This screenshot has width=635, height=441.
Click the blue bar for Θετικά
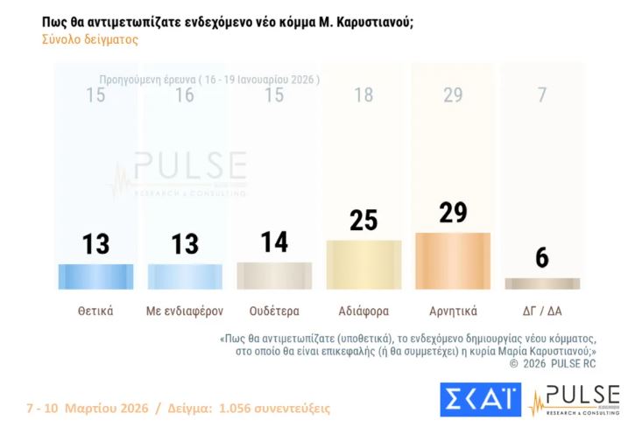(x=95, y=276)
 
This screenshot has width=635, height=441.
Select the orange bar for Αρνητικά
(x=453, y=261)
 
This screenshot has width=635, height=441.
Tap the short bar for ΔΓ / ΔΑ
(x=542, y=283)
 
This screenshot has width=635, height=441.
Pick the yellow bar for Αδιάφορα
(x=363, y=264)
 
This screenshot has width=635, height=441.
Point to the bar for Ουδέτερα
(x=274, y=276)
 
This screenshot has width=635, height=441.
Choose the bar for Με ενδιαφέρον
(x=185, y=276)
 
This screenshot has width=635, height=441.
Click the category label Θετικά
(x=95, y=310)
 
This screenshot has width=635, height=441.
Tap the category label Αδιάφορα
(x=363, y=310)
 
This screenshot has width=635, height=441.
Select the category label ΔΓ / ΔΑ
(x=542, y=310)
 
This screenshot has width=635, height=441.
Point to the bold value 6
(x=542, y=258)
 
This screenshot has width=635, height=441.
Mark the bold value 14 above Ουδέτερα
(x=274, y=241)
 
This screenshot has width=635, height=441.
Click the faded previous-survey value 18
(x=363, y=95)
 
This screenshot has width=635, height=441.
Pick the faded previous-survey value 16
(x=185, y=95)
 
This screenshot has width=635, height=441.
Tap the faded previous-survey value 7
(x=542, y=95)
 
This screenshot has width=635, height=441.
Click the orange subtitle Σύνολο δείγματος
(x=89, y=39)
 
